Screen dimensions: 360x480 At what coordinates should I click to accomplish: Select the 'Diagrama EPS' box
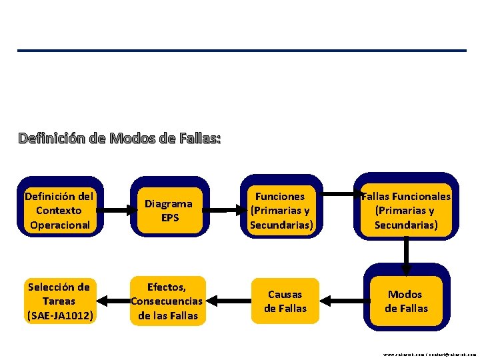[x=169, y=211]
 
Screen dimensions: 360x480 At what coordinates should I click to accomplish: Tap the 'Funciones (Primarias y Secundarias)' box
[x=281, y=211]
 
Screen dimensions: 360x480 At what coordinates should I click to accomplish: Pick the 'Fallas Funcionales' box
[x=405, y=211]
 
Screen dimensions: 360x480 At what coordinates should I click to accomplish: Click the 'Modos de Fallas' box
[x=405, y=301]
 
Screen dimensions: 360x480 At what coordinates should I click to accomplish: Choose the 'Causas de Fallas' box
[x=285, y=301]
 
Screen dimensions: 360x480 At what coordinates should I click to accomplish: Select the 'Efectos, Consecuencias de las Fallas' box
[x=167, y=301]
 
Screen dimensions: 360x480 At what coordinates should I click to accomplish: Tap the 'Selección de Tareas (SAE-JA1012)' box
[x=59, y=301]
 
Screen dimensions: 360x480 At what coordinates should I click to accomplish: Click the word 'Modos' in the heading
[x=131, y=139]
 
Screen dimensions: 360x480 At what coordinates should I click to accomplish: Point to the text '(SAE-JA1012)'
[x=59, y=315]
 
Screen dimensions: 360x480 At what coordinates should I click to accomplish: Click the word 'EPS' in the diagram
[x=170, y=218]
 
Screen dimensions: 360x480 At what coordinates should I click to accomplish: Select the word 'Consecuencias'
[x=167, y=301]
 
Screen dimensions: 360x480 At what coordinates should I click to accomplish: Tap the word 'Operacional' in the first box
[x=59, y=225]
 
